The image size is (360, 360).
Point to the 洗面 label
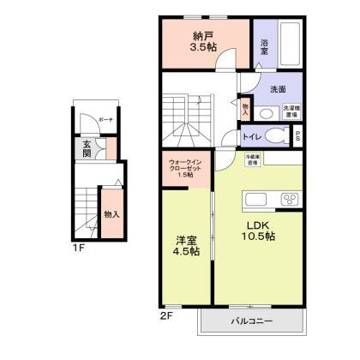click(278, 88)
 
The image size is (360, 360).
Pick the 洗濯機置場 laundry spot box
click(292, 112)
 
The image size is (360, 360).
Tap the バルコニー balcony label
click(251, 321)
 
